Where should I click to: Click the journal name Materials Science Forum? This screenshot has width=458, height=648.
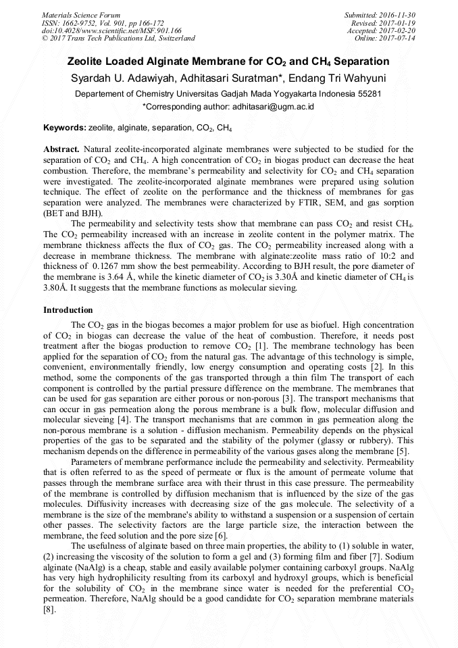click(81, 15)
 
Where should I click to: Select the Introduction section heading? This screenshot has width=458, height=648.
click(68, 310)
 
